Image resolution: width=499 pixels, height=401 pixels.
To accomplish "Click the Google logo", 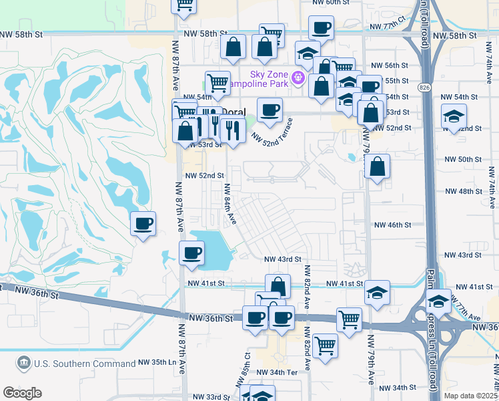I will pyautogui.click(x=22, y=392).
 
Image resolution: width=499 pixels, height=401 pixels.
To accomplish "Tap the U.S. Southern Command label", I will pyautogui.click(x=84, y=364).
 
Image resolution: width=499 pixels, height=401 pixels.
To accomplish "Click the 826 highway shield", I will pyautogui.click(x=425, y=88).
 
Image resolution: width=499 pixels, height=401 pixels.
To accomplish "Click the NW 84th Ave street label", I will pyautogui.click(x=230, y=204).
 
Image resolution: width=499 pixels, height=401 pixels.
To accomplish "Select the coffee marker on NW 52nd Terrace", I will pyautogui.click(x=270, y=110).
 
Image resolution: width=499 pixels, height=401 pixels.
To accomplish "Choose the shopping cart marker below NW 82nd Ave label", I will pyautogui.click(x=325, y=346).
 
